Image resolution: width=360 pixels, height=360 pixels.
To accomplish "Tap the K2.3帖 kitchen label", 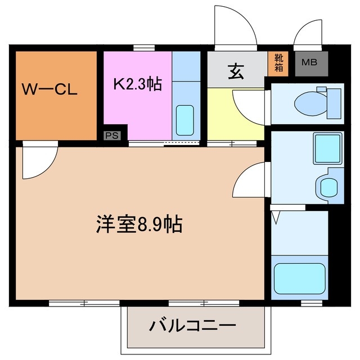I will tap(137, 84).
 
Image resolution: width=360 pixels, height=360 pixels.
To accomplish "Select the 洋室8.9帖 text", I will tap(138, 225).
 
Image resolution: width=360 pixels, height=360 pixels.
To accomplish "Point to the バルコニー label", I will tap(192, 326).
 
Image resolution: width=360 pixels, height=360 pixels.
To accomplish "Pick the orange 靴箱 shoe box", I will tap(279, 64).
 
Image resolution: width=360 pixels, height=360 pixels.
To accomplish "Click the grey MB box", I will tap(309, 62).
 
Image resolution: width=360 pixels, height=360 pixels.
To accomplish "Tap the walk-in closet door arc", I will tap(36, 162).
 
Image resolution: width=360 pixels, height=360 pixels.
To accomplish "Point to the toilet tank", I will tap(333, 101).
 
